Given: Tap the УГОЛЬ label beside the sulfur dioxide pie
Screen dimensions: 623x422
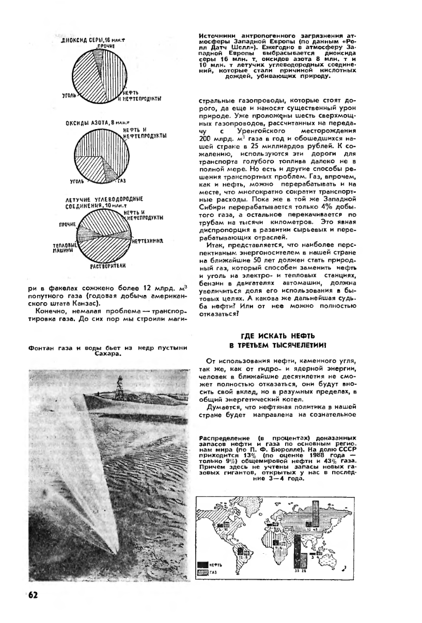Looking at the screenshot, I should [68, 95].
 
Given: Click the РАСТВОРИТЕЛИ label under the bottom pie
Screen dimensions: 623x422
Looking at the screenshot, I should [108, 266].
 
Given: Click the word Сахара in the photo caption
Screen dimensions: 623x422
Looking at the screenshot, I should [108, 355].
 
